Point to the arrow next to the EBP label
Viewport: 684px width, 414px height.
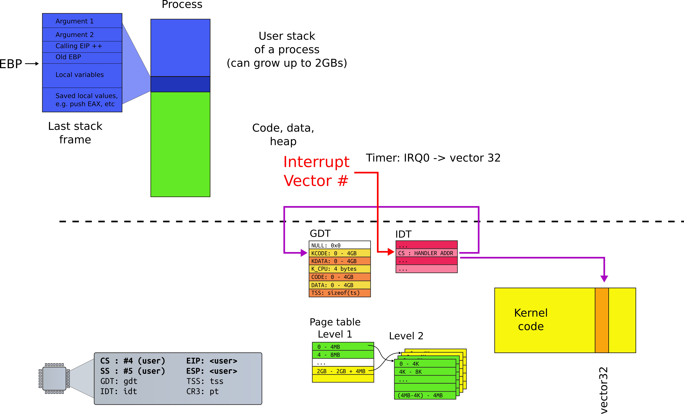coord(32,64)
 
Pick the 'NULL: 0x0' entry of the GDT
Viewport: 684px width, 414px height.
coord(339,245)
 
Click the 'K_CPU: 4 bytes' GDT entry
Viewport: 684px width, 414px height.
coord(339,269)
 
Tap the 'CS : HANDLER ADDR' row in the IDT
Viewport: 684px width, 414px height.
coord(426,253)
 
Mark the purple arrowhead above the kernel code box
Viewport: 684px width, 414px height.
coord(604,279)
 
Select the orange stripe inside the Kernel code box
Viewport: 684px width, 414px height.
coord(602,320)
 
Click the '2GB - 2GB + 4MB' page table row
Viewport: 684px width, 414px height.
coord(343,371)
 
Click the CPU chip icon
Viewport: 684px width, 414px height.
coord(54,378)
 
